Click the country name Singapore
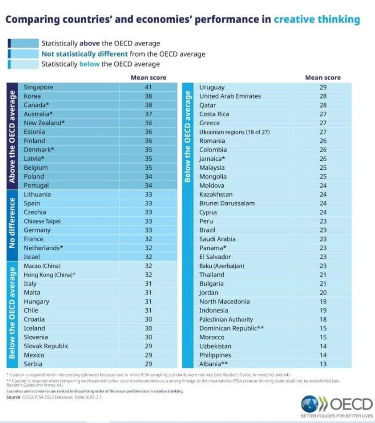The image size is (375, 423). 38,87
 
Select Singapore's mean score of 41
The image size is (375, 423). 148,87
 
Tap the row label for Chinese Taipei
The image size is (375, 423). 42,221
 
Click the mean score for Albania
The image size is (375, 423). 323,364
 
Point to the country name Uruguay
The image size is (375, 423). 212,87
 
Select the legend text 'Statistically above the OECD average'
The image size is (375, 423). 101,44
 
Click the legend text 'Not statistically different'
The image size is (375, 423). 85,54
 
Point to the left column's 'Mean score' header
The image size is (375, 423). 148,78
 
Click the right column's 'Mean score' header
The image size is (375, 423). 323,78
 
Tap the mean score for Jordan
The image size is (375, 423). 323,293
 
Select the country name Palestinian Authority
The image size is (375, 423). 226,319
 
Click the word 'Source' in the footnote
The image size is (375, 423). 13,398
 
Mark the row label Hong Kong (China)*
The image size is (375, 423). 49,275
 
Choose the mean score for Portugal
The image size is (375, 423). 148,185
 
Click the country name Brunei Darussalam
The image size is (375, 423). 227,203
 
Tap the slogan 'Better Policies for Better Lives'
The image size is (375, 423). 337,416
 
